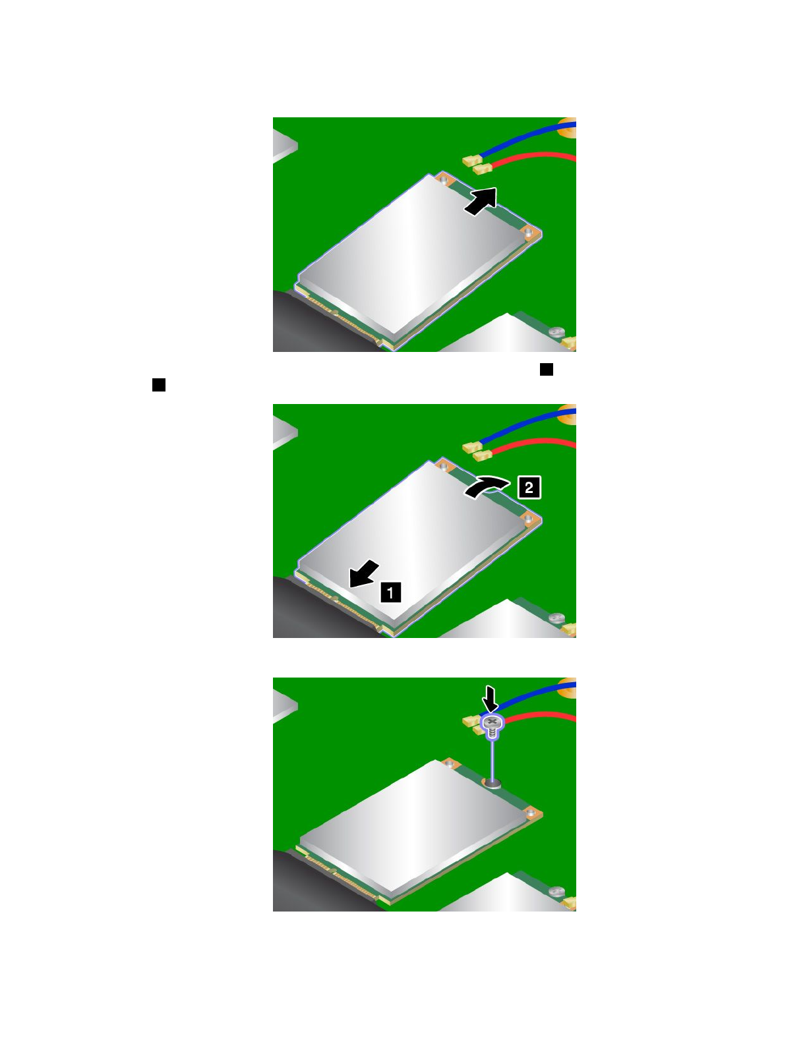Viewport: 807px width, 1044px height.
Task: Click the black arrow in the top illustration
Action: pos(481,200)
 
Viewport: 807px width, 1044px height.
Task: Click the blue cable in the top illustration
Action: pos(527,138)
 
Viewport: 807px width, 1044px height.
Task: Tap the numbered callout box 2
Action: pos(529,488)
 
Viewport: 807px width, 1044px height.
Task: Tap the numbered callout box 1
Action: pos(390,592)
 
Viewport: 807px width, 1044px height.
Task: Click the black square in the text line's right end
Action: pos(547,369)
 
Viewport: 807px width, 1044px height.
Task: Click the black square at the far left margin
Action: pos(159,385)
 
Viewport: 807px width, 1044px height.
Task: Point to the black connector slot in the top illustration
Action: pos(310,323)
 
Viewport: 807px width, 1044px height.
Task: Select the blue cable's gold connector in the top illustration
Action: pos(471,159)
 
